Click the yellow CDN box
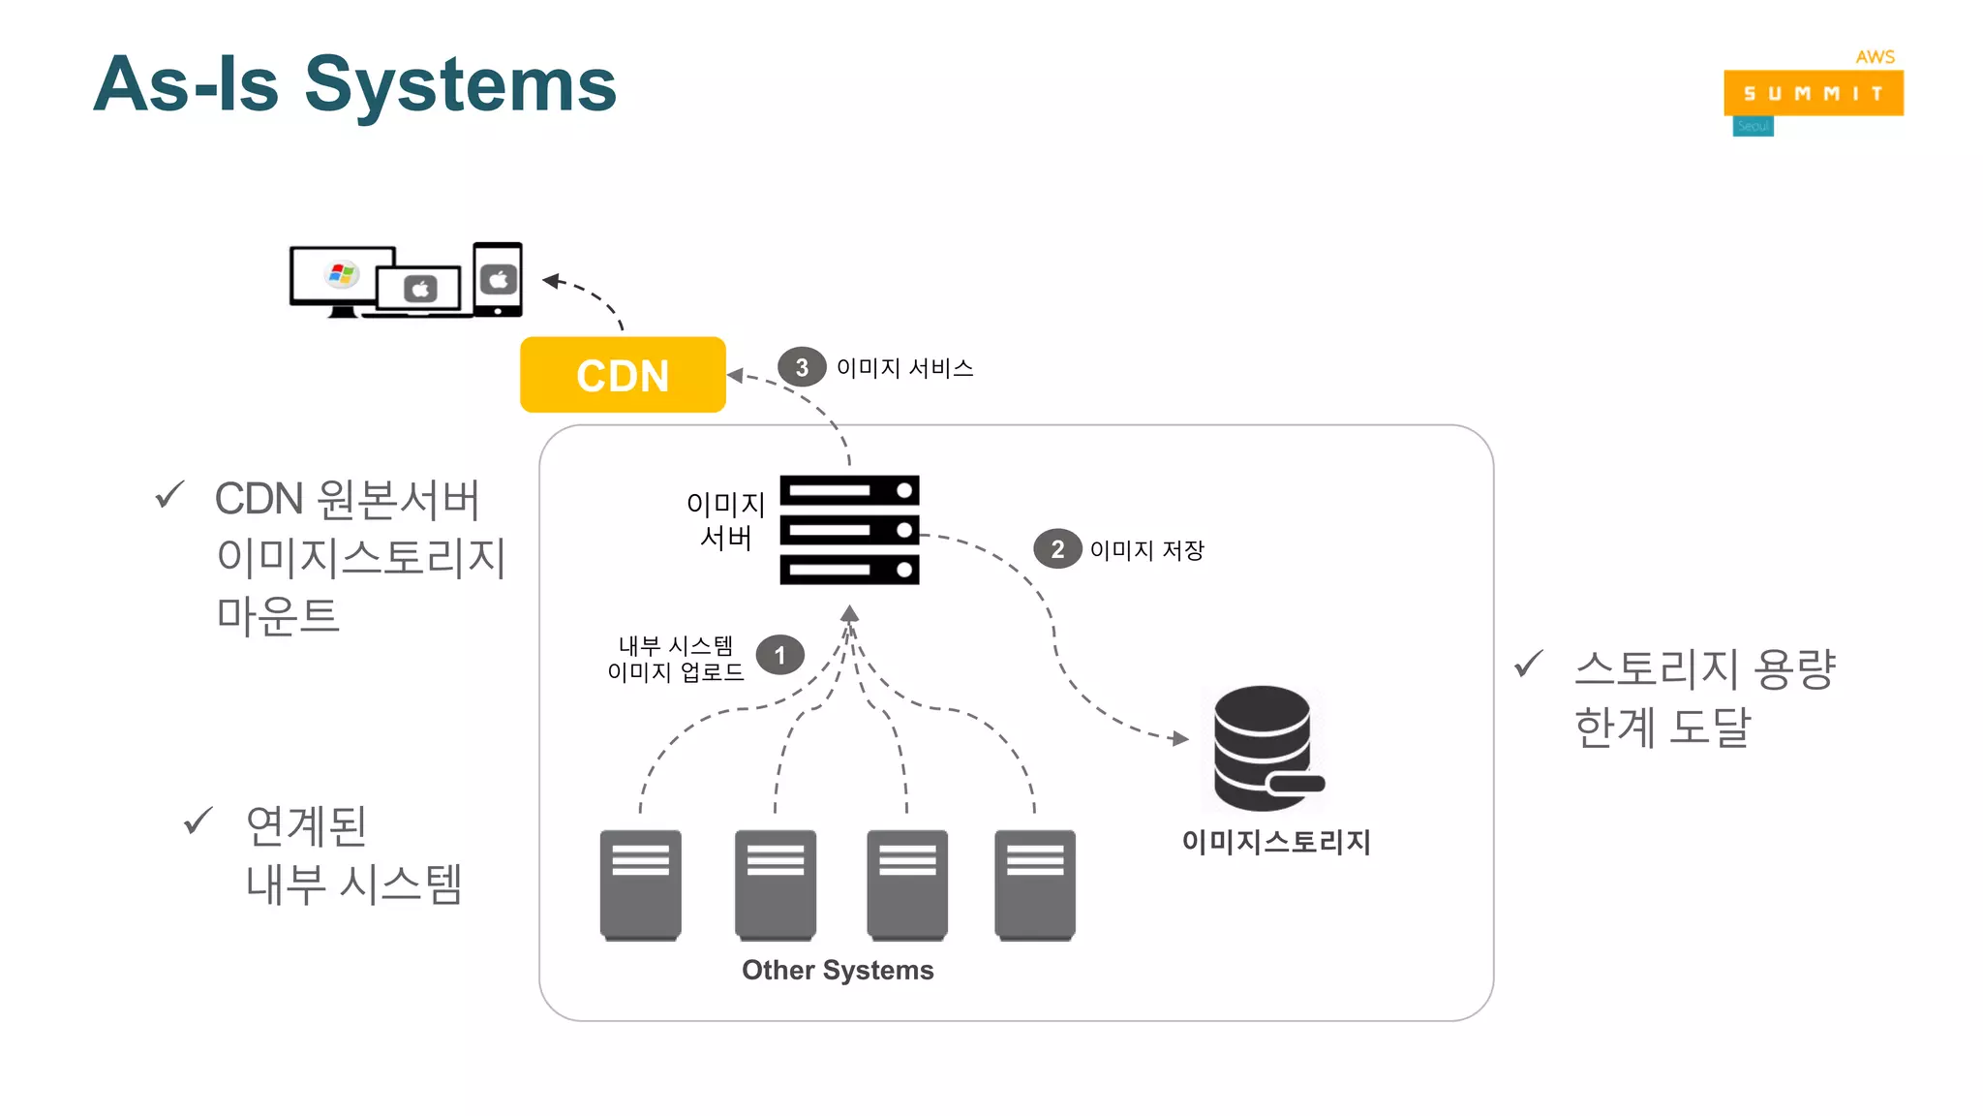click(x=623, y=375)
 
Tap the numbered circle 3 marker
click(x=801, y=367)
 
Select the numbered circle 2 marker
click(x=1056, y=549)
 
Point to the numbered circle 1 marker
click(x=779, y=656)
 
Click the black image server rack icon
click(x=849, y=530)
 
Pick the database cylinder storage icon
click(x=1265, y=748)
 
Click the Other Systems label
click(x=838, y=970)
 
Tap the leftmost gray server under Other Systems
click(x=640, y=883)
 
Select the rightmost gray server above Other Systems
click(x=1034, y=883)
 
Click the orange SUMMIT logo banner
click(x=1813, y=93)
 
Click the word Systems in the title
click(x=461, y=84)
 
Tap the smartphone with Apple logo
click(x=498, y=279)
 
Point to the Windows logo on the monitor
click(x=341, y=274)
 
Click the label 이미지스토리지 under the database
click(x=1275, y=841)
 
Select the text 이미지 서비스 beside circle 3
click(x=904, y=368)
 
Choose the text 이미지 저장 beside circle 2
click(x=1146, y=550)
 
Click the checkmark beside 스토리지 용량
click(x=1528, y=665)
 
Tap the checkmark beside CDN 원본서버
click(x=169, y=495)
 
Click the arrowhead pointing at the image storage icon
click(x=1179, y=738)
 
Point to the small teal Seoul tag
click(x=1753, y=127)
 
